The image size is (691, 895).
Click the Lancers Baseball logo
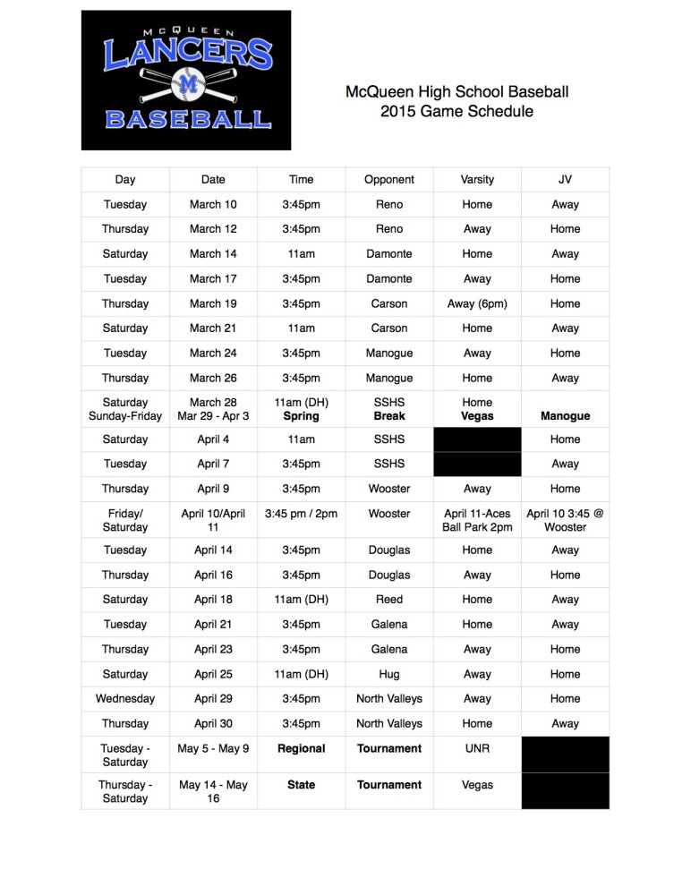coord(186,81)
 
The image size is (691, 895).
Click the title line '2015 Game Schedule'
coord(456,112)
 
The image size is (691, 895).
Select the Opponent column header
coord(389,180)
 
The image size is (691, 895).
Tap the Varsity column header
coord(477,180)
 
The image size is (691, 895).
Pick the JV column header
coord(565,180)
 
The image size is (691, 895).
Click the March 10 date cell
coord(213,204)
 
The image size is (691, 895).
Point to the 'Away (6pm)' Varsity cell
coord(477,303)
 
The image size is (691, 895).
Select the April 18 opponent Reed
coord(389,600)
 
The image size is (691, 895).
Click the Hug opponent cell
coord(389,674)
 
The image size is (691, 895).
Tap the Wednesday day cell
coord(125,699)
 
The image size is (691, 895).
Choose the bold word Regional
coord(302,748)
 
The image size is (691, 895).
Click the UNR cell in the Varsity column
coord(477,748)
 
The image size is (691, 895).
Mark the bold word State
coord(302,785)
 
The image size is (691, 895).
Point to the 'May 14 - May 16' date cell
coord(213,791)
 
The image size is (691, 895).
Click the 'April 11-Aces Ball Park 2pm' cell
coord(477,520)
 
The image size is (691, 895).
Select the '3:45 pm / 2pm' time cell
coord(302,514)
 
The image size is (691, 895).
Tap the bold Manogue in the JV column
coord(565,416)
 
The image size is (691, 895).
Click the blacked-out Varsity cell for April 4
coord(477,439)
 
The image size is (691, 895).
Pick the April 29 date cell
coord(213,699)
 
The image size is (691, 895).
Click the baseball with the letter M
coord(187,83)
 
